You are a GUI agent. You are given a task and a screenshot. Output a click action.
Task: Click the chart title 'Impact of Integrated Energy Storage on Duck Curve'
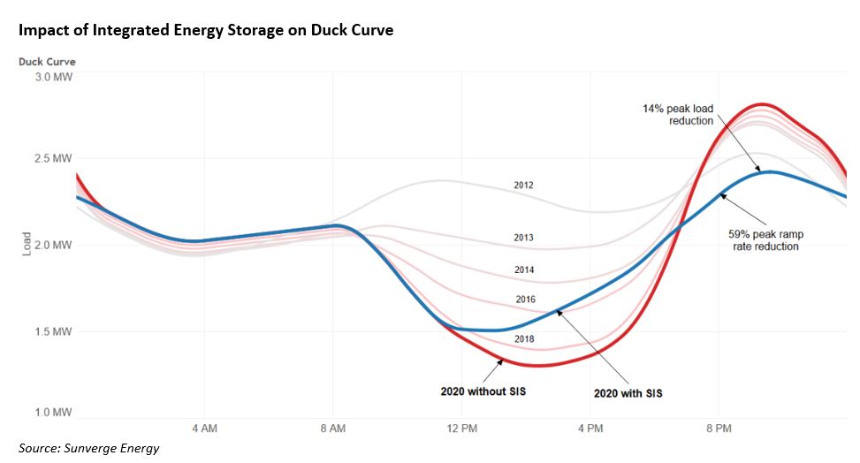click(205, 29)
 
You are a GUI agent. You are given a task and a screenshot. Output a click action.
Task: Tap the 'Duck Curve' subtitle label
click(47, 62)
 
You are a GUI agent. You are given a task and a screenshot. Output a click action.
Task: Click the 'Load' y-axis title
click(26, 245)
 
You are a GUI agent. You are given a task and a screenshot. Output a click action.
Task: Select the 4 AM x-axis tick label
click(204, 429)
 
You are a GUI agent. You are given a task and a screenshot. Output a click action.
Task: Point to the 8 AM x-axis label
click(332, 429)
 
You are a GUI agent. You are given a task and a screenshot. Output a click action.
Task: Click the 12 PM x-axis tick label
click(461, 429)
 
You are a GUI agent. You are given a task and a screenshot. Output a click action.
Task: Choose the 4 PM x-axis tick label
click(590, 429)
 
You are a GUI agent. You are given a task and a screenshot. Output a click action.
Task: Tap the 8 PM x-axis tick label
click(718, 429)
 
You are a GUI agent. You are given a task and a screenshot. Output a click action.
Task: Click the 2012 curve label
click(524, 186)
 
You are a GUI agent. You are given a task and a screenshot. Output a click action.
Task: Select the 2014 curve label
click(524, 269)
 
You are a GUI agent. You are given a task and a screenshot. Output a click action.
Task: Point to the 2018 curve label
click(524, 339)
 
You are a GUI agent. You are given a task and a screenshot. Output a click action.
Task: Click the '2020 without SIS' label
click(483, 391)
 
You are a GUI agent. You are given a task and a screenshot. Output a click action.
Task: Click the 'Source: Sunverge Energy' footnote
click(88, 449)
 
